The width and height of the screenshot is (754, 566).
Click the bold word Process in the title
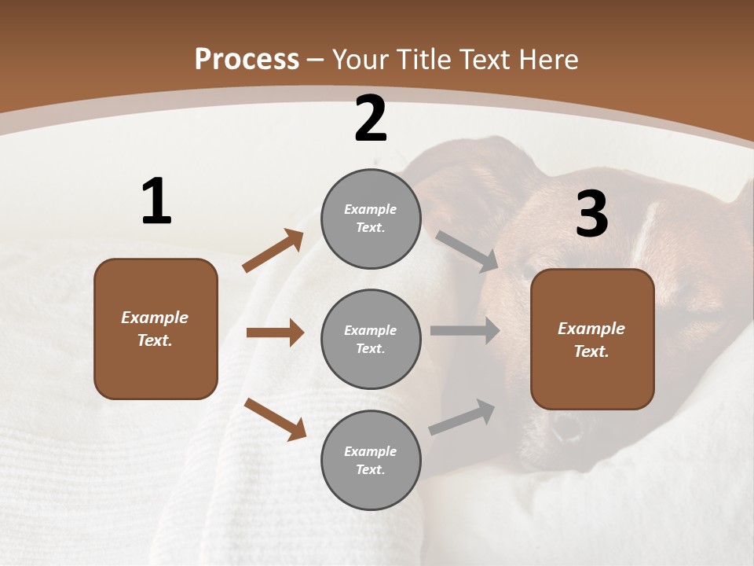tap(247, 60)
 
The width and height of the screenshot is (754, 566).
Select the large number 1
tap(156, 202)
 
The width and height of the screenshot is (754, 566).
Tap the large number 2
tap(371, 119)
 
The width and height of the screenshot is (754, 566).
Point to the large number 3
tap(591, 215)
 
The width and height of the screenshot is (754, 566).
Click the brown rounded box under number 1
tap(156, 329)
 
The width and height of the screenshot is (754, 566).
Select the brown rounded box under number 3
tap(592, 340)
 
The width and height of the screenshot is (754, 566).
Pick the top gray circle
tap(371, 219)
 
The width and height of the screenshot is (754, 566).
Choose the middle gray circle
tap(371, 340)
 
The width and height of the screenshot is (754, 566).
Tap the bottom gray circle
tap(371, 461)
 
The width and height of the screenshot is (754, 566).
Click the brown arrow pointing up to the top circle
tap(273, 251)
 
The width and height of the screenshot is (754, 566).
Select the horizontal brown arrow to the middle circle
tap(275, 333)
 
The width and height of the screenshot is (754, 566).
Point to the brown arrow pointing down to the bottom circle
tap(275, 419)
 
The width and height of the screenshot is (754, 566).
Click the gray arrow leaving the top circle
tap(467, 251)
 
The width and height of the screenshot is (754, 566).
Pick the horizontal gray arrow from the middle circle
tap(465, 331)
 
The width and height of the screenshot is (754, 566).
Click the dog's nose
tap(566, 428)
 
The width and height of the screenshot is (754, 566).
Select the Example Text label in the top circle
tap(371, 219)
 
